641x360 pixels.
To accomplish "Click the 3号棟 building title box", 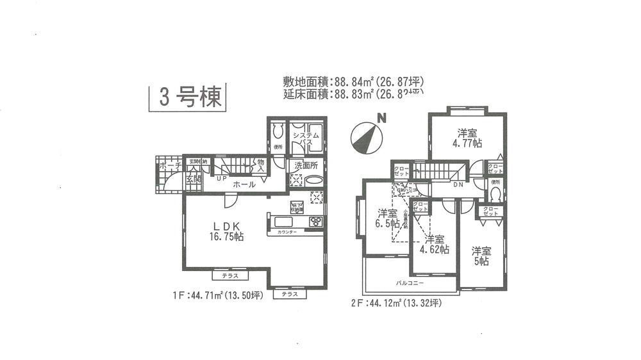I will (187, 97).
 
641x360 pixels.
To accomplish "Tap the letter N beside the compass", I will (381, 118).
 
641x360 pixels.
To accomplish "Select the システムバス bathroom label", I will (306, 140).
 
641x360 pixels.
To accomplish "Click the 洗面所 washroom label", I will (306, 165).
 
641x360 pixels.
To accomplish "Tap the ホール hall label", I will (244, 184).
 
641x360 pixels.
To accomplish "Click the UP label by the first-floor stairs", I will (221, 179).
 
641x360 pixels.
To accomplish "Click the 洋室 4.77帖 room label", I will (467, 138).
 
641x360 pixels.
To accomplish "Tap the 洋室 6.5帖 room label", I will (388, 218).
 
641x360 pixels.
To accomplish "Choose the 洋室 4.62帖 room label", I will (435, 244).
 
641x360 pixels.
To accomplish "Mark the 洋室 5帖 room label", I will (481, 256).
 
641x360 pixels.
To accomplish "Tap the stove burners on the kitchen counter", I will (316, 222).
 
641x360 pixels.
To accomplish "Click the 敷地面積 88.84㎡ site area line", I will (354, 82).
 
